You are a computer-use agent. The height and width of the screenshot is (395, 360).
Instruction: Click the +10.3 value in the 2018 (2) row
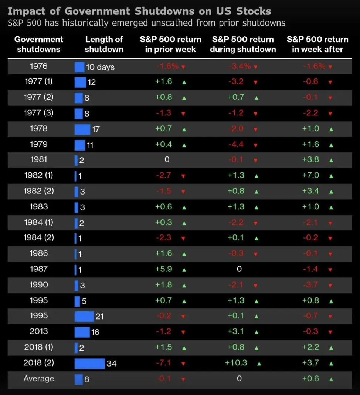[236, 363]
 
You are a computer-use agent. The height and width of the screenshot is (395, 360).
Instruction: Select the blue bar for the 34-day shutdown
[89, 363]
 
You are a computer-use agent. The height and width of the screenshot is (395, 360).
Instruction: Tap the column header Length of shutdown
[104, 44]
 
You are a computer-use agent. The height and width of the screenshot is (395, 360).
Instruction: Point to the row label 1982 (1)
[38, 175]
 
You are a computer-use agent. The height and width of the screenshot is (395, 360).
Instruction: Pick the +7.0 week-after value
[310, 175]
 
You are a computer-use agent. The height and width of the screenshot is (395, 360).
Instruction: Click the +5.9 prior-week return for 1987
[163, 269]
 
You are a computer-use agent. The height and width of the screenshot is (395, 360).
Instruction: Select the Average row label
[38, 379]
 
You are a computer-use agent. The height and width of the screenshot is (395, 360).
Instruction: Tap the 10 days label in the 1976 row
[100, 67]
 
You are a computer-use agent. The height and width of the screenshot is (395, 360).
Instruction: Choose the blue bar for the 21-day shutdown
[84, 316]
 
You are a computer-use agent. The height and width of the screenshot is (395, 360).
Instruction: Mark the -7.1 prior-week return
[163, 363]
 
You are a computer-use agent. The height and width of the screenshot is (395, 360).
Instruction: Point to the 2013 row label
[38, 331]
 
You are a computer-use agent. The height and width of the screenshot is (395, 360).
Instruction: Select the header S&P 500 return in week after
[317, 44]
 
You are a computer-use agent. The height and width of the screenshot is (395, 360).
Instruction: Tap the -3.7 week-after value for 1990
[310, 284]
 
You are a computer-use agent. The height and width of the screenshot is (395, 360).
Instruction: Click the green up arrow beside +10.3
[259, 364]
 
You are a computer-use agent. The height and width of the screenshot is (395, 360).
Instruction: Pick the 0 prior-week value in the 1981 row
[167, 159]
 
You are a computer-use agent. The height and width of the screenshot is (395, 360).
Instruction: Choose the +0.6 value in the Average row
[310, 379]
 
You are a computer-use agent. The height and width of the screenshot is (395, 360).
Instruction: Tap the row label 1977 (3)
[38, 113]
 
